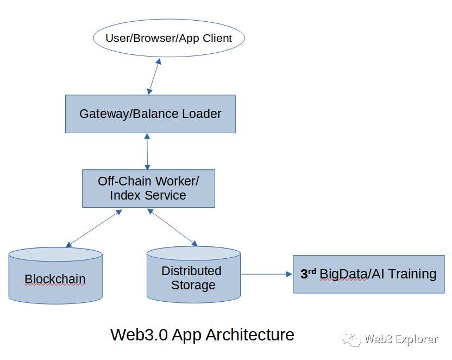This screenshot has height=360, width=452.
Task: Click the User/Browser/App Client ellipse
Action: coord(168,38)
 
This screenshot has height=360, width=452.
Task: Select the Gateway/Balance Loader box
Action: coord(150,114)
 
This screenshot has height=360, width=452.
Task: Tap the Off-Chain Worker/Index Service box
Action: coord(148,188)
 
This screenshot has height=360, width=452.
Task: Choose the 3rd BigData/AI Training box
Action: coord(368,274)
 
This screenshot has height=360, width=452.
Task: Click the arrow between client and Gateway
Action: coord(154,76)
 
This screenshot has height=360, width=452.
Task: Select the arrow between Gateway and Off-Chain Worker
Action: coord(147,151)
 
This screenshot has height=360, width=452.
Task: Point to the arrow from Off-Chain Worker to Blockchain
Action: coord(93,228)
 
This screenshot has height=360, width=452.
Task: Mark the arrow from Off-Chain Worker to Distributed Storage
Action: coord(172,227)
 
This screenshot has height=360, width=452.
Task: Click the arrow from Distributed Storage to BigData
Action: coord(267,274)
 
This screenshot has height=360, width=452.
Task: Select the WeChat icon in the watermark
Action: coord(350,340)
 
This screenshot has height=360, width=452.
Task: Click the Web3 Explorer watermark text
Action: coord(401,339)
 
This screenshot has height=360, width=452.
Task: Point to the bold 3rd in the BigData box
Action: coord(308,273)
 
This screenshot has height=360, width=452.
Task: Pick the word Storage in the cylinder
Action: coord(193,285)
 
